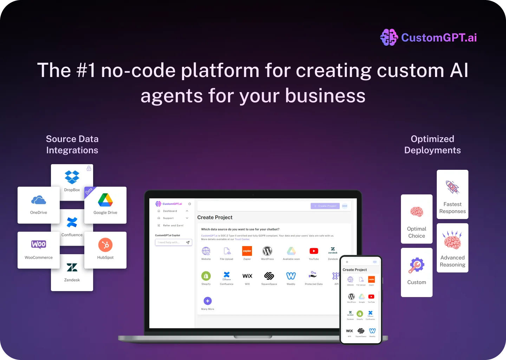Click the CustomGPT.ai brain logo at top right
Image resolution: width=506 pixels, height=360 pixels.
(x=389, y=37)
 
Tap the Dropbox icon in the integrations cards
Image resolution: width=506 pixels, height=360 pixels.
(x=72, y=177)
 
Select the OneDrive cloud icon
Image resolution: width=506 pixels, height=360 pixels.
(x=39, y=200)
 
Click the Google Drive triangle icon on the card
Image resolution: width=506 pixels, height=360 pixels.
(x=105, y=200)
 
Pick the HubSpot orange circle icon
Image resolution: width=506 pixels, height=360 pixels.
(x=105, y=245)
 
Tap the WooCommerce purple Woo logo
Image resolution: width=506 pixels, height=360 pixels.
(x=39, y=244)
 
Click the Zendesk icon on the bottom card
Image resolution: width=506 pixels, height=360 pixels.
(x=72, y=268)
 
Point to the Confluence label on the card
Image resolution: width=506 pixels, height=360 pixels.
(x=72, y=235)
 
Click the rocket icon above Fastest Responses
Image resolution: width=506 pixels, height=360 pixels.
(x=452, y=187)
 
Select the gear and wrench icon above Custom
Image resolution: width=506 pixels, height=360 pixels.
(x=416, y=265)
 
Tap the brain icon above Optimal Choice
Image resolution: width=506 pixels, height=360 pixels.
(x=417, y=212)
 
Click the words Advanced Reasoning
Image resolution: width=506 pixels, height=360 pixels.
(x=453, y=261)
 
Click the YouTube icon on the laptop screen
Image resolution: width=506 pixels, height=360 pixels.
(x=314, y=251)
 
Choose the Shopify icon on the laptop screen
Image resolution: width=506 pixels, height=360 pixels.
(x=206, y=276)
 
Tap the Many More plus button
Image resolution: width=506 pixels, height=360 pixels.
(x=208, y=301)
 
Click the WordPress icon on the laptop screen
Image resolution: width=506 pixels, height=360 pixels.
(x=267, y=251)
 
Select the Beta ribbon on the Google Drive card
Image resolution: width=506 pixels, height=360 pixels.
(x=89, y=191)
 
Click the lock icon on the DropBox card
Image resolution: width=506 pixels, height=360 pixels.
(x=89, y=168)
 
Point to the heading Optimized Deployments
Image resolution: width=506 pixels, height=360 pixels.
(x=433, y=144)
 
